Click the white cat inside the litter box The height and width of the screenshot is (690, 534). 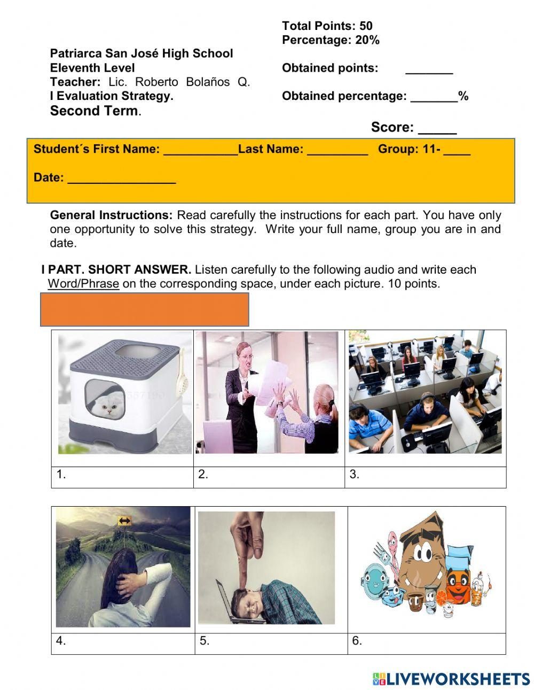coord(109,410)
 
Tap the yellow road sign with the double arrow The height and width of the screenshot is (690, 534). coord(124,521)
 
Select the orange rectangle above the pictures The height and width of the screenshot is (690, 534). coord(144,309)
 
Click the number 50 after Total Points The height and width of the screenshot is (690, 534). coord(366,26)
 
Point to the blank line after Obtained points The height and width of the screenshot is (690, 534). coord(429,71)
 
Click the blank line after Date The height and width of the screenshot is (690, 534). coord(122,180)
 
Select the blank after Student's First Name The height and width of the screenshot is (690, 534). coord(201,152)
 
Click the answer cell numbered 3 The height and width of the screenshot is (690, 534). coord(425,477)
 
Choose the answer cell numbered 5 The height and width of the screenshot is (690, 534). coord(271,644)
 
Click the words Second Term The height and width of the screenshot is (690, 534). coord(94,111)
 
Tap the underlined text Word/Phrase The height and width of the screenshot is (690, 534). coord(83,284)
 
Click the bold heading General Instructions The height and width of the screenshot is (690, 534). coord(111,215)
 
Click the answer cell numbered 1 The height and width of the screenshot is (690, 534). coord(122,477)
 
